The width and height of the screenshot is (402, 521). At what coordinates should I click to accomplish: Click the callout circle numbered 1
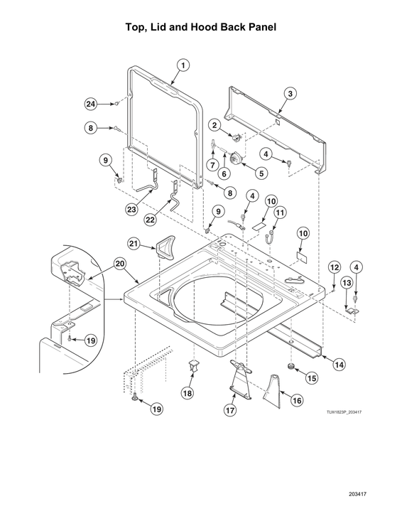tap(183, 65)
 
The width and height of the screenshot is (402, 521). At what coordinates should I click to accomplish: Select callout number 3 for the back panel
tap(290, 94)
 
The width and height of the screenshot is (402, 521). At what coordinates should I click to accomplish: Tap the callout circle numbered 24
tap(91, 104)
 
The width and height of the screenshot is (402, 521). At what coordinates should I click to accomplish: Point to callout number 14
tap(339, 365)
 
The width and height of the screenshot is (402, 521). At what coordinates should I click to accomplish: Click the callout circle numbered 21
tap(134, 244)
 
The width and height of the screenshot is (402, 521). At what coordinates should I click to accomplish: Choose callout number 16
tap(297, 400)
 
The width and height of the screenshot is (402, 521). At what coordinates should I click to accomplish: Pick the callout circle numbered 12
tap(335, 267)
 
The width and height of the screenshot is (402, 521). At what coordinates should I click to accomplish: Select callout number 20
tap(120, 264)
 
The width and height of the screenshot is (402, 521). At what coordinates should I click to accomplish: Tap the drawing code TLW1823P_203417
tap(344, 412)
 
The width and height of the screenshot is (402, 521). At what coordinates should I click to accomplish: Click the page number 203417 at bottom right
tap(357, 494)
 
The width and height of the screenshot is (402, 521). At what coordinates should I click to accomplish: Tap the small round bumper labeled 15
tap(291, 367)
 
